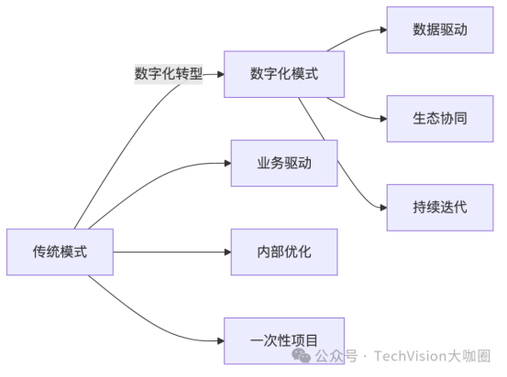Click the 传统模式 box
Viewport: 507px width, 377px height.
click(61, 252)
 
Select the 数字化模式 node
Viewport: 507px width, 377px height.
click(284, 73)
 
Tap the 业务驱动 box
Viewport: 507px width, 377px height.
click(284, 163)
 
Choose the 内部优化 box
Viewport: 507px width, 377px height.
click(284, 252)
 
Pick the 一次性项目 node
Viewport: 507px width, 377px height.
click(284, 340)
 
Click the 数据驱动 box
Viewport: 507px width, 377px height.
click(440, 29)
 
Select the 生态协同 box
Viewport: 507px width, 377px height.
click(440, 118)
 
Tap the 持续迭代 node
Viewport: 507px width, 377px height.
click(440, 207)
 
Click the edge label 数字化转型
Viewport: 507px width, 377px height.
click(168, 74)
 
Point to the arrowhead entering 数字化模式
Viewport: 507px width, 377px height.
click(220, 74)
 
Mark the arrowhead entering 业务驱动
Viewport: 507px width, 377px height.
click(226, 163)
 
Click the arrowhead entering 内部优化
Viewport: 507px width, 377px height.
click(226, 252)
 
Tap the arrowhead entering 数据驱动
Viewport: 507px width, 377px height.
click(382, 29)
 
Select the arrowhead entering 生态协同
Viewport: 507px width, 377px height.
click(382, 118)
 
